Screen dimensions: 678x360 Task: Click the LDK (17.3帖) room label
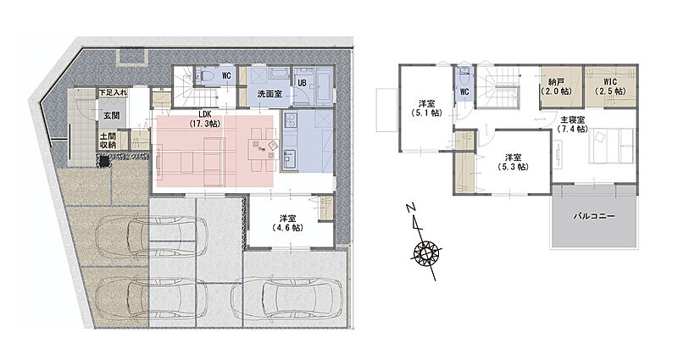(x=205, y=119)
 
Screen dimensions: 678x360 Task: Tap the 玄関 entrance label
(x=111, y=115)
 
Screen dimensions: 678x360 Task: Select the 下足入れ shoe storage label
(x=114, y=92)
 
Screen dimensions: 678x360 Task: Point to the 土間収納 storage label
(x=108, y=141)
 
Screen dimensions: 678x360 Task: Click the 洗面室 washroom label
(x=270, y=93)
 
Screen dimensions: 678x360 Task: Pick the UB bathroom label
(x=302, y=82)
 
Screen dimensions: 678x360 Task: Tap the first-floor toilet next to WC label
(x=206, y=75)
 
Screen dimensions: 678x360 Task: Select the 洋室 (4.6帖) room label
(x=287, y=224)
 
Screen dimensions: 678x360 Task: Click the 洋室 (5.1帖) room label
(x=426, y=109)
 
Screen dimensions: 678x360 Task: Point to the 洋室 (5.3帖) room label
(x=513, y=162)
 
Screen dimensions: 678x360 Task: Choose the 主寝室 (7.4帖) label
(x=573, y=124)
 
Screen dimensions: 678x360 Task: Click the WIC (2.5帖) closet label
(x=609, y=86)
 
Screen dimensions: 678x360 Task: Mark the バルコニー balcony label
(x=594, y=215)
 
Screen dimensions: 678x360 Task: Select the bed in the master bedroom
(x=612, y=146)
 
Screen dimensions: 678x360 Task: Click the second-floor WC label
(x=464, y=91)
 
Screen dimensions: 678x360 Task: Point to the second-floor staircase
(x=498, y=88)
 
